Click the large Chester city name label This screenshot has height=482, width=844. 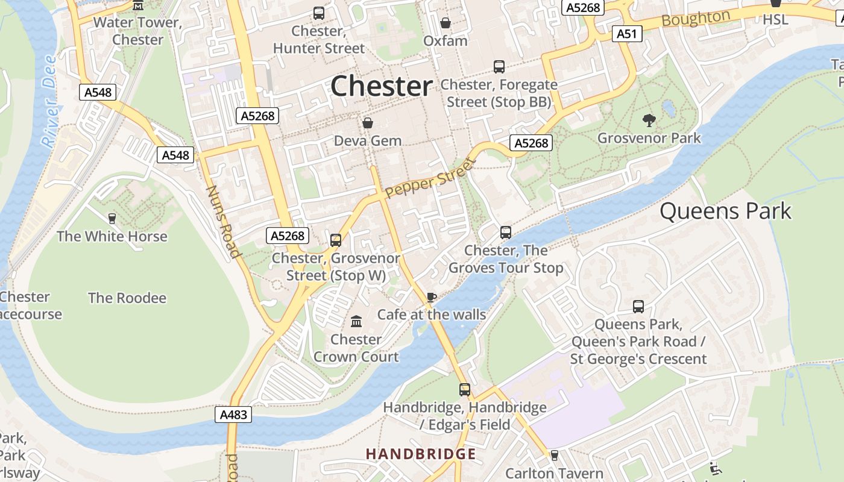pyautogui.click(x=381, y=86)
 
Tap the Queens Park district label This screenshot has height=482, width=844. pyautogui.click(x=725, y=211)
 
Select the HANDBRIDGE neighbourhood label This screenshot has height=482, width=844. pyautogui.click(x=421, y=454)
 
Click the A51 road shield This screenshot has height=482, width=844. pyautogui.click(x=626, y=34)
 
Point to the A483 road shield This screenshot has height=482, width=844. pyautogui.click(x=233, y=415)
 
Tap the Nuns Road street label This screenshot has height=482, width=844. pyautogui.click(x=222, y=221)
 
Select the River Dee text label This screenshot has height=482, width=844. pyautogui.click(x=50, y=101)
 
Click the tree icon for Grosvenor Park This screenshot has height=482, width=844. pyautogui.click(x=649, y=120)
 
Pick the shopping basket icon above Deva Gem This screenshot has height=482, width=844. pyautogui.click(x=368, y=123)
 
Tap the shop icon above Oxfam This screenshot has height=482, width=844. pyautogui.click(x=446, y=23)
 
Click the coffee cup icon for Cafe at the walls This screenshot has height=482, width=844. pyautogui.click(x=431, y=296)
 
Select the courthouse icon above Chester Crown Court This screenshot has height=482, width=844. pyautogui.click(x=356, y=321)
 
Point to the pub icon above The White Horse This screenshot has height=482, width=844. pyautogui.click(x=112, y=218)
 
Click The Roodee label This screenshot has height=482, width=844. pyautogui.click(x=127, y=298)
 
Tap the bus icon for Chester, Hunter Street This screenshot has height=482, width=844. pyautogui.click(x=319, y=13)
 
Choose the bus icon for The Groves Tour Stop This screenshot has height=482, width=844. pyautogui.click(x=506, y=232)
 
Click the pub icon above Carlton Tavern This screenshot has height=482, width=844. pyautogui.click(x=554, y=455)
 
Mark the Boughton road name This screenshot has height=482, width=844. pyautogui.click(x=696, y=19)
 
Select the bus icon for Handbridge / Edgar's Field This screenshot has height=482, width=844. pyautogui.click(x=464, y=389)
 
